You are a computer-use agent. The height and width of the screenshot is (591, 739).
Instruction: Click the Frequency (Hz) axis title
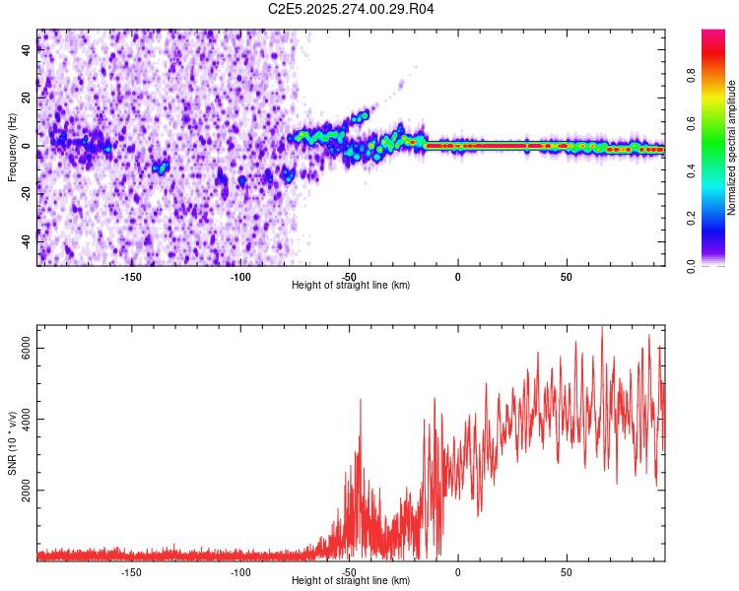tap(12, 148)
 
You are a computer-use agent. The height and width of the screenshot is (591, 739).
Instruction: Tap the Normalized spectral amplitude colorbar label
tap(732, 148)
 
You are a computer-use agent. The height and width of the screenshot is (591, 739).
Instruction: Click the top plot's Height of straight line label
tap(351, 285)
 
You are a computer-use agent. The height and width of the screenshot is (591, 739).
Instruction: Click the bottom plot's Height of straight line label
tap(351, 580)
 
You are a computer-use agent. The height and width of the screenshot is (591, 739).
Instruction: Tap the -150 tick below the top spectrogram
tap(131, 277)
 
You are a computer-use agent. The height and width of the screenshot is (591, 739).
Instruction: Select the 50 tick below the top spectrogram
tap(567, 277)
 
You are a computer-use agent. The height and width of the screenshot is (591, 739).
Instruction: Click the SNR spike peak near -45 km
tap(361, 399)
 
